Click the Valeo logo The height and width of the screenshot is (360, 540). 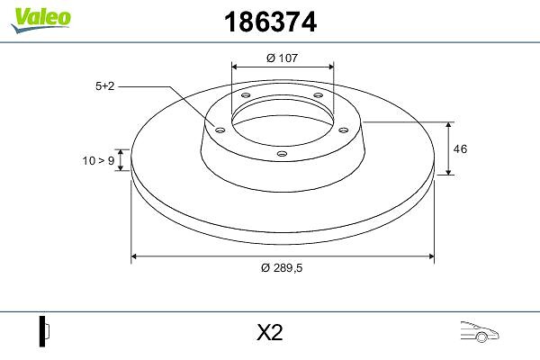[x=41, y=20]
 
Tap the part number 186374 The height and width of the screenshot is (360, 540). [x=270, y=22]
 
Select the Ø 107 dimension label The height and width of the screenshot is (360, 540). [x=282, y=58]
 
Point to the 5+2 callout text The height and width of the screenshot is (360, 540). [x=104, y=86]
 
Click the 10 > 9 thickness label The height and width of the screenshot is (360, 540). [x=98, y=160]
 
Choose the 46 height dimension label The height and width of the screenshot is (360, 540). [x=460, y=149]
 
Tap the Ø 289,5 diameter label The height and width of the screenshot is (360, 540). [x=282, y=267]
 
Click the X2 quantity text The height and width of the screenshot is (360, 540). [x=270, y=333]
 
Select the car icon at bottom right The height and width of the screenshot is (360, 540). [x=480, y=332]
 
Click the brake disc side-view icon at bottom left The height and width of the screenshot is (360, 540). [x=44, y=331]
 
